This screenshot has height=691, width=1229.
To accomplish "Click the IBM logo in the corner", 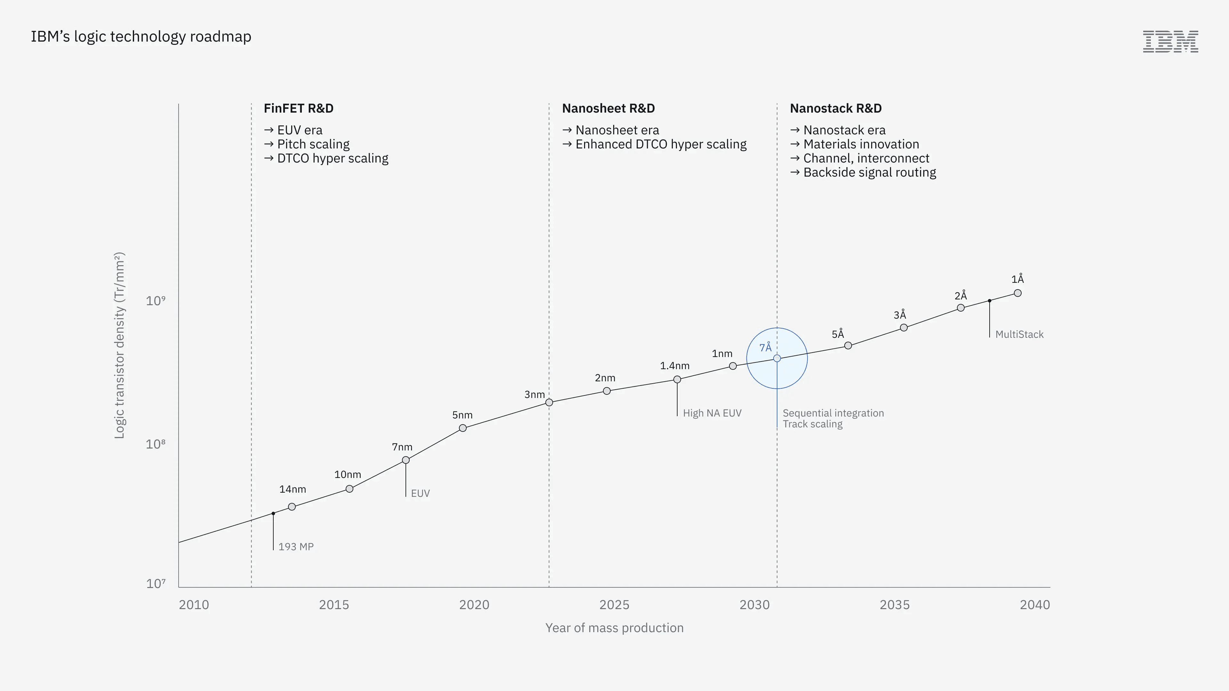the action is [x=1170, y=42].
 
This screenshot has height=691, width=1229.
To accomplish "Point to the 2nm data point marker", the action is [x=607, y=391].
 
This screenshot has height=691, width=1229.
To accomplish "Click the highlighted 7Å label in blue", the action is [x=765, y=347].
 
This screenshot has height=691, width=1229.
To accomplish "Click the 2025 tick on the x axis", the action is [x=614, y=605].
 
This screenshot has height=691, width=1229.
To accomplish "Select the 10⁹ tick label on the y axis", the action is [x=156, y=300].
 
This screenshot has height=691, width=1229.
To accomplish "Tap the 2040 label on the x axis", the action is [x=1035, y=605].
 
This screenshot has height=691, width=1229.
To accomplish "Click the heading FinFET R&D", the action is [x=299, y=108].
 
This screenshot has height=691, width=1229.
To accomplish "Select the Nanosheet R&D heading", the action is [x=608, y=108].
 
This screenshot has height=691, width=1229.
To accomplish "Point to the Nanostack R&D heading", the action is [x=836, y=108].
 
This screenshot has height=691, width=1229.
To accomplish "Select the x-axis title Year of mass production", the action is [x=614, y=628].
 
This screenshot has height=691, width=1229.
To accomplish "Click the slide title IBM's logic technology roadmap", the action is [x=141, y=37].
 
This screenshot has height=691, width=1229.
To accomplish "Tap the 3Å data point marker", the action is [x=904, y=328].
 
